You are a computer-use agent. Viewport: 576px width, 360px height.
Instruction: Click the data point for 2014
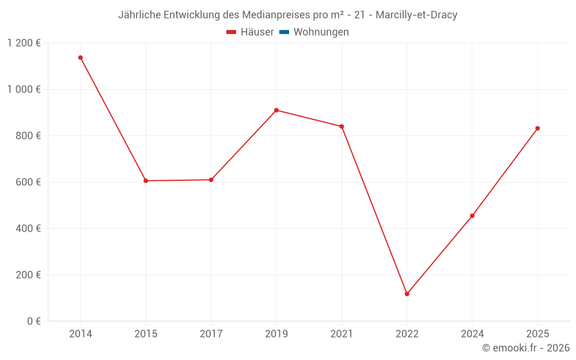81,58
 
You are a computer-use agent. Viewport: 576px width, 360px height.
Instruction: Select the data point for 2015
146,181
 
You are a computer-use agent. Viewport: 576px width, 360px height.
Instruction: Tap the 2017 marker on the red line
211,180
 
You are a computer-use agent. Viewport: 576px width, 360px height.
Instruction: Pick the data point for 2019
276,110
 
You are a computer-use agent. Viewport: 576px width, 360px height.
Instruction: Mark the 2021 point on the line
342,127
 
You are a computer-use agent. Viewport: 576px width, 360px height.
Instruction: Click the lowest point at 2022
407,294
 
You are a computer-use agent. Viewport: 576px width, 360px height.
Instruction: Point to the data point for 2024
472,216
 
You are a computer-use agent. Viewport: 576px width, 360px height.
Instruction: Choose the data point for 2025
537,128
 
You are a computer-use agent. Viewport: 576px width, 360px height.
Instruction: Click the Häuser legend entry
250,32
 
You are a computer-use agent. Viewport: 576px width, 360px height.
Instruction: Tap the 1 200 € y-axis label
24,43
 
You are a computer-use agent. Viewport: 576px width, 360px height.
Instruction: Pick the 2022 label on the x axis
407,334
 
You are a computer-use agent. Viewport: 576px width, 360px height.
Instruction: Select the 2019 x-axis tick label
276,334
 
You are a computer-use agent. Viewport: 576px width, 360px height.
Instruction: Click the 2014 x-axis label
81,334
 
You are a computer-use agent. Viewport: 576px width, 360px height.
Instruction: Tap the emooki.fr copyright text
525,348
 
